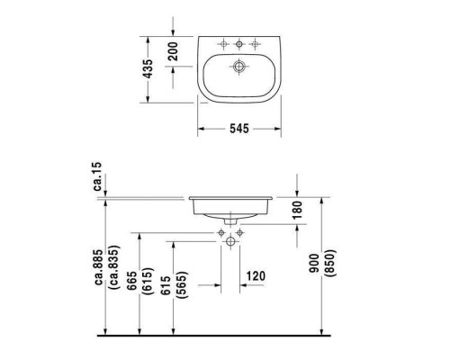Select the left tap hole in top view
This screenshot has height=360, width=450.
tap(222, 44)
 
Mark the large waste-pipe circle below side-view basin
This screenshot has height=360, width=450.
tap(232, 241)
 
